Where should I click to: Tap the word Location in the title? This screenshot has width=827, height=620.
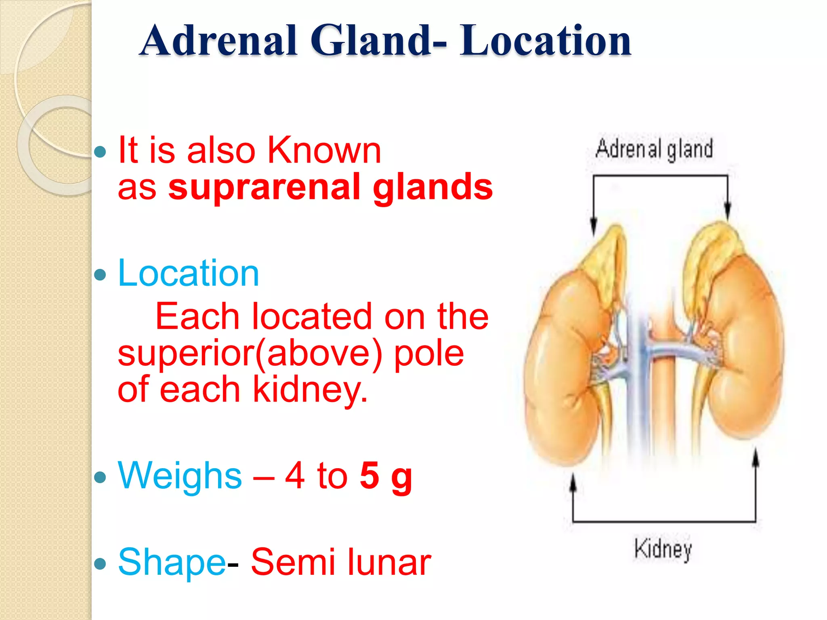(545, 40)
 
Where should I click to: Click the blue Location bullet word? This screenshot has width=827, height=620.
(188, 273)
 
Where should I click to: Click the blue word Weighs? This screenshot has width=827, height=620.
(180, 476)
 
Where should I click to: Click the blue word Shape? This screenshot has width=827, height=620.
(172, 562)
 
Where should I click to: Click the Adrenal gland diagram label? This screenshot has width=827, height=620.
(654, 149)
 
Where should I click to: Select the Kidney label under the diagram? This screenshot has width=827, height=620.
(663, 549)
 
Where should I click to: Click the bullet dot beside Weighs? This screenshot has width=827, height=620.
(100, 478)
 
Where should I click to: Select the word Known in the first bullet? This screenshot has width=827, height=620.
(324, 150)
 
